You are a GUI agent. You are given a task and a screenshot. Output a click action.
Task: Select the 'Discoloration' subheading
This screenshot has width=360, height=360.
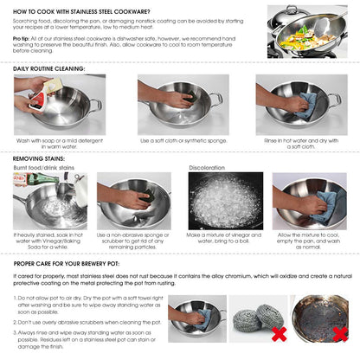click(206, 167)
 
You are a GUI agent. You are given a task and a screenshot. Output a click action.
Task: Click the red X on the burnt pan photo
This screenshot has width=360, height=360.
click(340, 333)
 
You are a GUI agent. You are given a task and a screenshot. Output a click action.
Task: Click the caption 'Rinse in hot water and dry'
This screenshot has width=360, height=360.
click(296, 139)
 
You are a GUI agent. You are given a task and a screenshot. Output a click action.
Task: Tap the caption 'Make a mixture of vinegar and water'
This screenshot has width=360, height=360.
click(220, 235)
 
